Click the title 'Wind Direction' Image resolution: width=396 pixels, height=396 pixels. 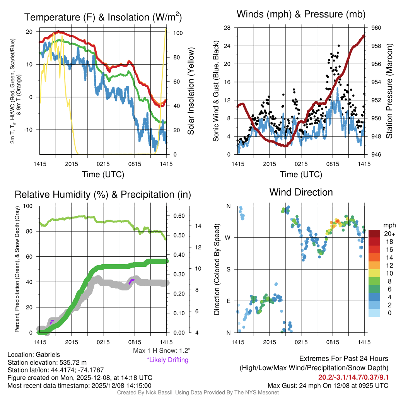pos(301,192)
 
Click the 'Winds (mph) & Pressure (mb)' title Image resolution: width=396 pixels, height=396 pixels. pos(301,15)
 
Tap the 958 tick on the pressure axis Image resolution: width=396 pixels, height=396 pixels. pos(377,46)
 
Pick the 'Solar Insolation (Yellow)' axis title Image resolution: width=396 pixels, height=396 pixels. pos(191,91)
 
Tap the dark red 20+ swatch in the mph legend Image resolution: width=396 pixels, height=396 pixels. pos(375,234)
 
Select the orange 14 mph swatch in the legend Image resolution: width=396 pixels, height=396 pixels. pos(375,257)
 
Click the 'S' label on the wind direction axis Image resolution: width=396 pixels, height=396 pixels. pos(229,269)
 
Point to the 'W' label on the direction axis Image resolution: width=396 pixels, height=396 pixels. pos(229,237)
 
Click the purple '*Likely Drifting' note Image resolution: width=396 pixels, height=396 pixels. pos(167,360)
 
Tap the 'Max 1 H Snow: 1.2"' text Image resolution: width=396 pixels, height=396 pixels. pos(161,351)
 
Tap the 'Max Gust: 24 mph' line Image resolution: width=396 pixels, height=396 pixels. pos(328,385)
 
